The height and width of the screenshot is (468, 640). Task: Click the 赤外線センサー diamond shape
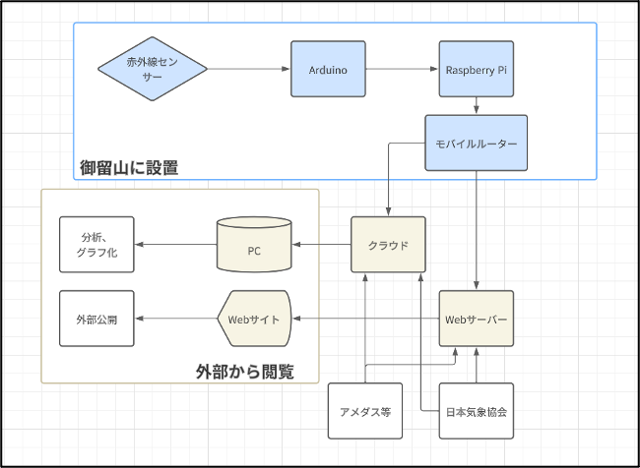pos(153,69)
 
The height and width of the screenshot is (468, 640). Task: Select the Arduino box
pos(328,69)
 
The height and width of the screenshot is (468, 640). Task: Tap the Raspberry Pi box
pos(477,69)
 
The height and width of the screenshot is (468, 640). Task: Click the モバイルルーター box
pos(477,144)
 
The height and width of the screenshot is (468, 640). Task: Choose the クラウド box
pos(389,245)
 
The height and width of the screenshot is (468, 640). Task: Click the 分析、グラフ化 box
pos(96,245)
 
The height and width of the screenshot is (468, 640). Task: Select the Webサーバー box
pos(477,319)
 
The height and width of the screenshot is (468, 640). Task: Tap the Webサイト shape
pos(254,319)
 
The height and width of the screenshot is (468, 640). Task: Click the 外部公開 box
pos(96,319)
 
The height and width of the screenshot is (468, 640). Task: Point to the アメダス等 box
pos(365,410)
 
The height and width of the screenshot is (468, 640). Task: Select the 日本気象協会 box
pos(477,410)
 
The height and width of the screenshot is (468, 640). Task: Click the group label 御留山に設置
pos(129,167)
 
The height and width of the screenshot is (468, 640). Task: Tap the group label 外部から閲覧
pos(244,371)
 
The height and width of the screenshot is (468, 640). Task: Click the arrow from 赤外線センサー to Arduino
pos(249,69)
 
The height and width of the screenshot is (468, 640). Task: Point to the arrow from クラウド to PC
pos(322,245)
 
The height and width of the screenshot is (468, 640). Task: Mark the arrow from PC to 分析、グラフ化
pos(174,245)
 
